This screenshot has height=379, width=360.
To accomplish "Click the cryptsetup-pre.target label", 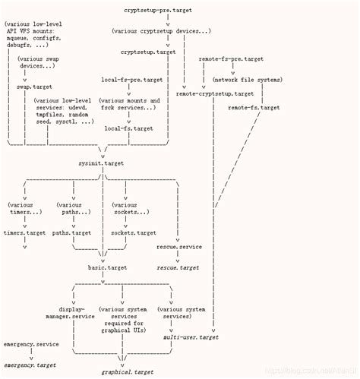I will (x=156, y=10).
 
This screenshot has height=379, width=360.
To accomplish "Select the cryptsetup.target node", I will (x=149, y=52).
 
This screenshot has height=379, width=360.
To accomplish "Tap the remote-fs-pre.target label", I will (x=231, y=58).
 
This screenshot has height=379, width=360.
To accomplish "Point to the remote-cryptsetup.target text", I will (x=215, y=93).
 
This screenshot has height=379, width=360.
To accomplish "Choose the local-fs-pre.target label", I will (x=131, y=80).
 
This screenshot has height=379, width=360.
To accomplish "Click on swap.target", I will (x=35, y=87).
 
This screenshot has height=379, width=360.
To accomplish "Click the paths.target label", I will (x=72, y=233).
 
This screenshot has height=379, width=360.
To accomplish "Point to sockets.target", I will (x=133, y=233).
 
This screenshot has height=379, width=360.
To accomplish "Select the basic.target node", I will (x=106, y=268).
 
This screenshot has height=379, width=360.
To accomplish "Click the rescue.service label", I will (x=180, y=248).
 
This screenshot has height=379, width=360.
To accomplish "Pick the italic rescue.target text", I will (x=178, y=268).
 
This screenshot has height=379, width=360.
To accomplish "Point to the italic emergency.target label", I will (x=30, y=365).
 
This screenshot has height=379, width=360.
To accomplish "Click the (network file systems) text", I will (x=247, y=80).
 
